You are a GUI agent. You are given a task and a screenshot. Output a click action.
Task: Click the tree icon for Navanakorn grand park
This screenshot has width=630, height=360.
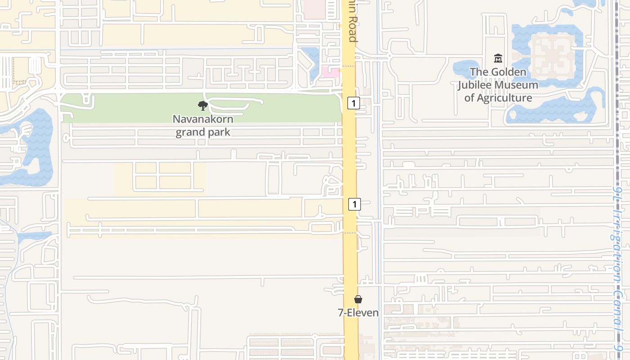pos(203,106)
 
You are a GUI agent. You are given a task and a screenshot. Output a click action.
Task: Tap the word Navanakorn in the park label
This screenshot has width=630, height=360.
pos(203,120)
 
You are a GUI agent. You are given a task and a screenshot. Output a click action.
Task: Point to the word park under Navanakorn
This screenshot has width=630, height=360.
pos(217,132)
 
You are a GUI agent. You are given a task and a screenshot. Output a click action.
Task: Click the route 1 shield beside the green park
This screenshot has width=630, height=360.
pos(354,103)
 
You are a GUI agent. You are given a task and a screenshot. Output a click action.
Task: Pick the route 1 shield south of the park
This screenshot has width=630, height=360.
pos(355,204)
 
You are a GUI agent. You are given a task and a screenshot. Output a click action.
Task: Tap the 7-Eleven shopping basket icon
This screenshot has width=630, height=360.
pos(358,299)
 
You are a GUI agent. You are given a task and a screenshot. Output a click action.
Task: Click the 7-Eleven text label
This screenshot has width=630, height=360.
pos(358,312)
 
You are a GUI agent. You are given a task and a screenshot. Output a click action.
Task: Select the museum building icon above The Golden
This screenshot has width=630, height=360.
pos(498,58)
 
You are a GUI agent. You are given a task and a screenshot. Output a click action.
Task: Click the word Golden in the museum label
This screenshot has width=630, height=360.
pos(508,72)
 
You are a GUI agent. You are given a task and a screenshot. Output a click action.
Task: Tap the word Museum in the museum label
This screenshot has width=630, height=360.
pos(517,85)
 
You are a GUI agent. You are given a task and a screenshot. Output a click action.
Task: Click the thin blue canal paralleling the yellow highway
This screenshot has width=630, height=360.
pos(378,180)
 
